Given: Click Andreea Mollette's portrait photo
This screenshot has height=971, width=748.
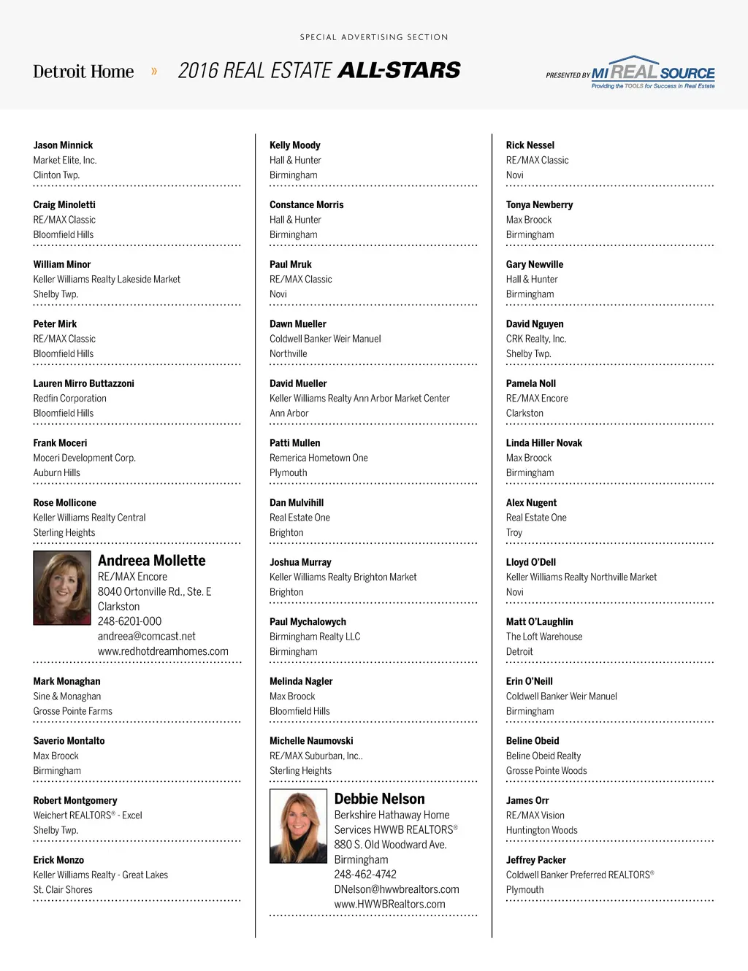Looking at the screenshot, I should [x=62, y=588].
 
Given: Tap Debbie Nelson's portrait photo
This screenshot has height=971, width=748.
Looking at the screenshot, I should [x=298, y=826].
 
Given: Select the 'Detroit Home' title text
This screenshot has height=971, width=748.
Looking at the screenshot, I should [x=83, y=72].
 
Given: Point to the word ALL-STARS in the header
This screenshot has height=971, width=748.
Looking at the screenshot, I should [x=399, y=70].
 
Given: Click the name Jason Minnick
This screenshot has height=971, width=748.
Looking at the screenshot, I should [x=63, y=145].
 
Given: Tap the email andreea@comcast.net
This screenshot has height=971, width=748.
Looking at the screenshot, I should [x=147, y=636].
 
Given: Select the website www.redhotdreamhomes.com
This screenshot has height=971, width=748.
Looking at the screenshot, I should [x=163, y=651].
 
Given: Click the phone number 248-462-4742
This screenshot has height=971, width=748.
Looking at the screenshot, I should [x=365, y=874].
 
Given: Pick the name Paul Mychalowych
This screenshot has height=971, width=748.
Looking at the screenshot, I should [x=308, y=622].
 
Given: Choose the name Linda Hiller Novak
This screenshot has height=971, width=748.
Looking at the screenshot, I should [x=544, y=443].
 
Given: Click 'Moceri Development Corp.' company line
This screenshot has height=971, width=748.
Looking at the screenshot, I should [x=84, y=458].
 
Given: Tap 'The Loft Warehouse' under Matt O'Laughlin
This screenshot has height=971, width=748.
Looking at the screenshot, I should [x=544, y=637].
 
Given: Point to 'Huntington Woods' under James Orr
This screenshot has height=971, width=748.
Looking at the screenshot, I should [x=541, y=830].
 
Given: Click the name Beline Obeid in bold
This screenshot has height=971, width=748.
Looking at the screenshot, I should [x=533, y=741].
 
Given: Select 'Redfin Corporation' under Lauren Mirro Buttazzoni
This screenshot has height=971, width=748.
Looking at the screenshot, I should [x=69, y=399].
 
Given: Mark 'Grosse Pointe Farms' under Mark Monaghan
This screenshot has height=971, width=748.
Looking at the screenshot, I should [x=72, y=711].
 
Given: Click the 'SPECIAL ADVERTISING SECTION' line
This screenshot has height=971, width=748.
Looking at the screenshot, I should [x=374, y=37].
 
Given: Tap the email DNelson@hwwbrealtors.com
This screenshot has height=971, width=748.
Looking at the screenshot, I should [x=397, y=889].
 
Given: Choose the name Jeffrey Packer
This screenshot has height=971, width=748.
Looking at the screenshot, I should [x=536, y=860].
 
